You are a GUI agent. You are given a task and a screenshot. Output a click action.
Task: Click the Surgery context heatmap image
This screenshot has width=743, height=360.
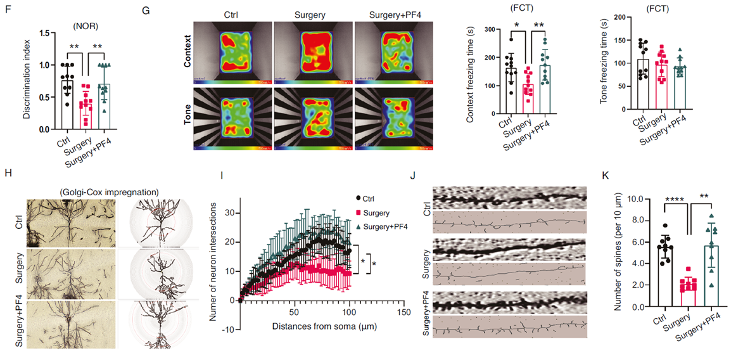coord(313,53)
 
